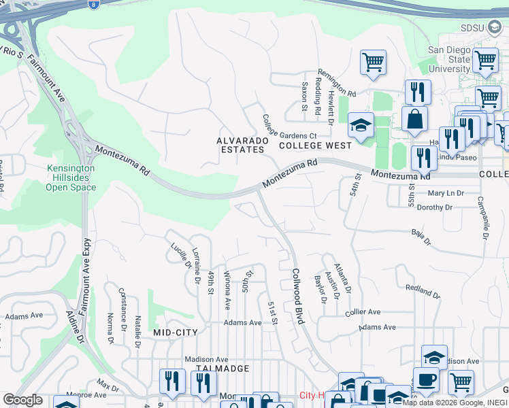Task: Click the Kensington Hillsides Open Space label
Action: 71,178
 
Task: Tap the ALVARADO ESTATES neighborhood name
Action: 240,145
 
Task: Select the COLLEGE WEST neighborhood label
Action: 315,146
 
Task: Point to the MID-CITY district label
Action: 175,333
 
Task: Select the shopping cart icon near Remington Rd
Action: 373,62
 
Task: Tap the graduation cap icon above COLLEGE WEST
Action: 361,124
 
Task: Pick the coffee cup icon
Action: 426,379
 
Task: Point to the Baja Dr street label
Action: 422,238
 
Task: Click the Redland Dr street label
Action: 423,291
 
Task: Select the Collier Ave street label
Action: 363,312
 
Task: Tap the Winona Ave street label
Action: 227,290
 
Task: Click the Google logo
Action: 22,400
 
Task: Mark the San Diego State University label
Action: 449,59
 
